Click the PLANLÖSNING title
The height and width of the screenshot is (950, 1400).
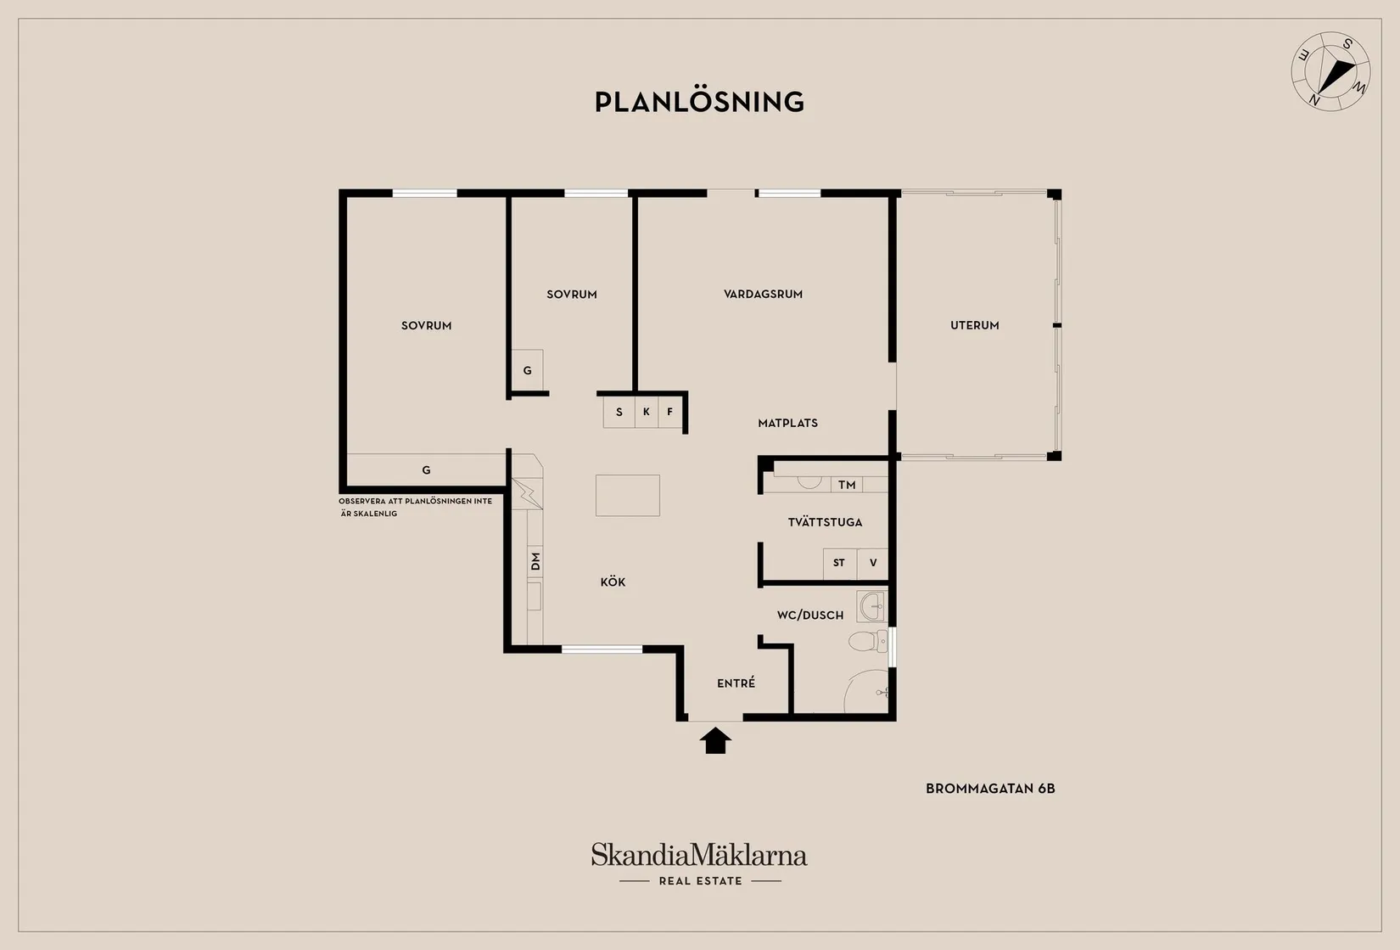699,102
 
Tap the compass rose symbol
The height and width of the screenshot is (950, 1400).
1330,72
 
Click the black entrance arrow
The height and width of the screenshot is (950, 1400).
715,740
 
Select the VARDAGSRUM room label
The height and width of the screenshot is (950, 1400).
763,294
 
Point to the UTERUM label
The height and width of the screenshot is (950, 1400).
974,325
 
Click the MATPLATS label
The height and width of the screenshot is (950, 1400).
787,423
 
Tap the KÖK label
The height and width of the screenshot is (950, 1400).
613,582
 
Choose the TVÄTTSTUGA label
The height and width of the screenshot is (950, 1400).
825,522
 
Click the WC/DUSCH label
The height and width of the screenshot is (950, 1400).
810,615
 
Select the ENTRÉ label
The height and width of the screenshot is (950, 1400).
736,683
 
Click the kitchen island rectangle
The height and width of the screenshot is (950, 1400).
627,495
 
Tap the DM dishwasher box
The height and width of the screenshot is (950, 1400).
535,561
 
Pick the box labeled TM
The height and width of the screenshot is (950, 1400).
846,485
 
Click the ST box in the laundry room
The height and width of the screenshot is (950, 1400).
839,563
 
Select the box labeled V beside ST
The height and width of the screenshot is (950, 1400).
872,563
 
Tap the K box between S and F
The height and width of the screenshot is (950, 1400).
646,412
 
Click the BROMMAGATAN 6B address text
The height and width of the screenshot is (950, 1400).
990,788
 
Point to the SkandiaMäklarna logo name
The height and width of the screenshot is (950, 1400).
699,855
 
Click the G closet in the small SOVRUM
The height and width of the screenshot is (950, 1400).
527,371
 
